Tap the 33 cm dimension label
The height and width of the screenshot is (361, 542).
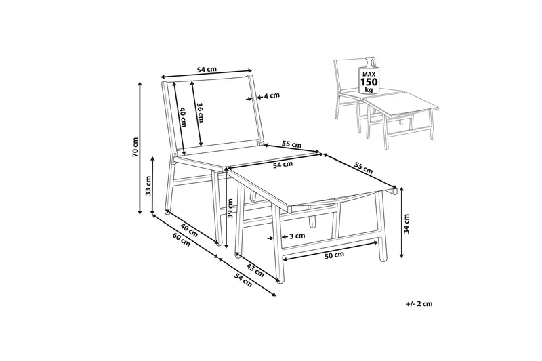(148, 186)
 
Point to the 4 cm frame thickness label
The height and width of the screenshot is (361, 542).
(272, 95)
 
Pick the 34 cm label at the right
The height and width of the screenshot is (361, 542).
(406, 224)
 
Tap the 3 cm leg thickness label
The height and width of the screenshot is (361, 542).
(297, 236)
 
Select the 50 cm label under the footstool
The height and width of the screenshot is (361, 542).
(335, 255)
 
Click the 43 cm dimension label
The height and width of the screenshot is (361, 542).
(255, 270)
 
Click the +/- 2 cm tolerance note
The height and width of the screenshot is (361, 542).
(419, 304)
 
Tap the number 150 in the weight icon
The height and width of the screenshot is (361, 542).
(369, 82)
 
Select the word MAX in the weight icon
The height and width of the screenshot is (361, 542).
(369, 74)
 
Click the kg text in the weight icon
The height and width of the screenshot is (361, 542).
(369, 90)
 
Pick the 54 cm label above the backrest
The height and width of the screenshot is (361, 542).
(207, 70)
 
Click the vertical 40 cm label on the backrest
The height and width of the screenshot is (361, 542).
(183, 116)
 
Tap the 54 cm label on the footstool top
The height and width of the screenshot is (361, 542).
(283, 165)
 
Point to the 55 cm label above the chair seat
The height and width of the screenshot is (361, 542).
(291, 144)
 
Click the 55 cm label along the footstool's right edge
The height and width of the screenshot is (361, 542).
(363, 168)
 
